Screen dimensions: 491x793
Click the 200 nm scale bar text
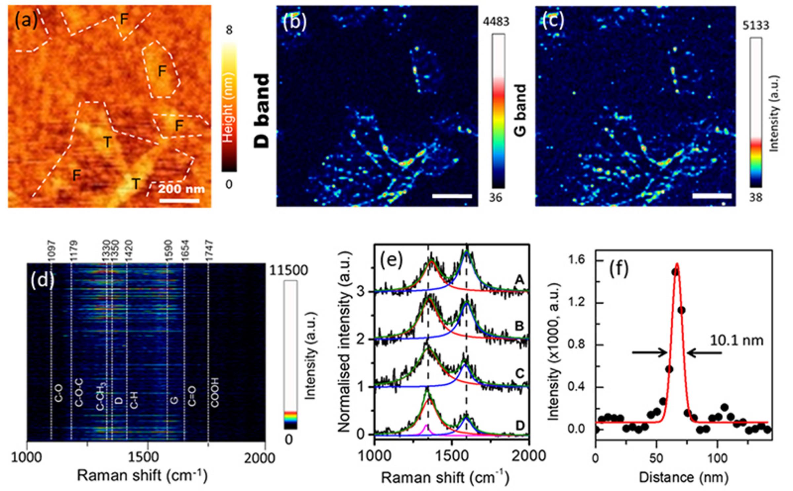(181, 189)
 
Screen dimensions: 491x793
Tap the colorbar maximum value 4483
(496, 22)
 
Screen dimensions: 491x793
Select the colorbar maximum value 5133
(756, 25)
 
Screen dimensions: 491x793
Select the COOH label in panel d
(215, 393)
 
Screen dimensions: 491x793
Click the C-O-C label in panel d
(79, 393)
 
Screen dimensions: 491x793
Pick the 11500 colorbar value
(288, 271)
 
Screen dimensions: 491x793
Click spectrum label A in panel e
(520, 280)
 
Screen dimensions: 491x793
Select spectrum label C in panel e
(520, 374)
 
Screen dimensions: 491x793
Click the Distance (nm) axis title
(683, 477)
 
